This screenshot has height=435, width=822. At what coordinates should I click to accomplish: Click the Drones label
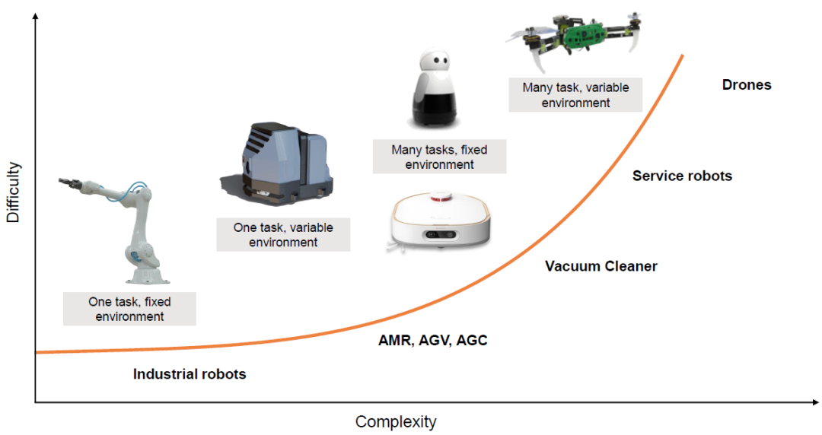tap(747, 85)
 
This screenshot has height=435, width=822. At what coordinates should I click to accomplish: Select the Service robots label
tap(682, 176)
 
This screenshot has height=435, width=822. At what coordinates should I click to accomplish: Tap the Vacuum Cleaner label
tap(601, 266)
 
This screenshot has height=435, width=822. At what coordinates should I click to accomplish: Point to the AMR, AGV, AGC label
tap(433, 341)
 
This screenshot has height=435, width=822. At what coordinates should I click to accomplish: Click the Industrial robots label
tap(190, 374)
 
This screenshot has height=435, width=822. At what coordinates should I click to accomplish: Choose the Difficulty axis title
tap(13, 192)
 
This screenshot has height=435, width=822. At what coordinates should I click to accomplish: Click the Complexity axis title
tap(396, 421)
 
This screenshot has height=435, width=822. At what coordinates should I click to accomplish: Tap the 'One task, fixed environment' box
tap(129, 310)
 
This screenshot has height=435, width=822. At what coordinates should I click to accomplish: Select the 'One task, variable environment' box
tap(283, 235)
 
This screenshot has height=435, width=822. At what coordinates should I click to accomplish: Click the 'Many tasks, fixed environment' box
tap(439, 157)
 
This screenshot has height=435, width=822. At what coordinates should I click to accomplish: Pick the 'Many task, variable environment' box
tap(575, 95)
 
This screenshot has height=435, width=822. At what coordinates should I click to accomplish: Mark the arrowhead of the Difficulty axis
tap(35, 16)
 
